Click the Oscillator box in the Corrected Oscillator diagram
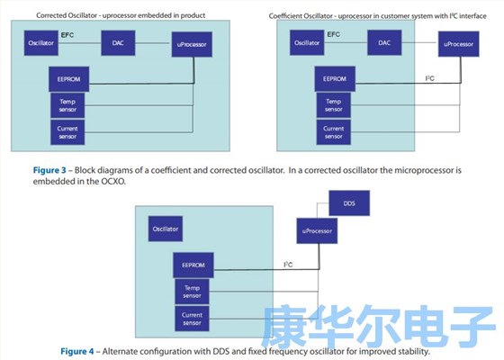coord(41,42)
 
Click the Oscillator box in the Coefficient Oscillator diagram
coord(300,42)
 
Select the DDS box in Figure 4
coord(351,204)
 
